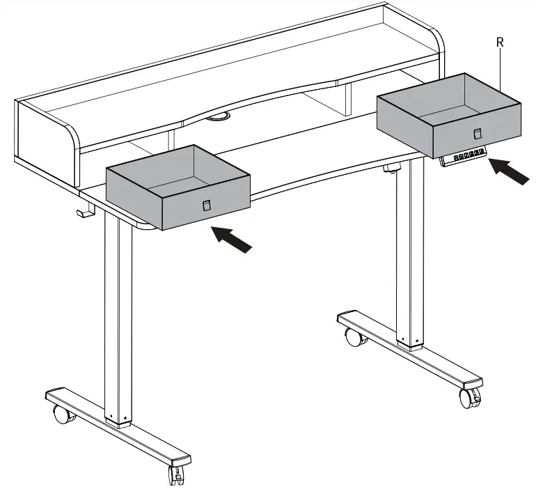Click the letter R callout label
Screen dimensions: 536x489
500,42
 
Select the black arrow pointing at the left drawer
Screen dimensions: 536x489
231,240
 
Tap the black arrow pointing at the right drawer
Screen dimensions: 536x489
509,171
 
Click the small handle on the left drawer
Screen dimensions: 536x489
207,205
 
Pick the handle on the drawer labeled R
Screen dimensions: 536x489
478,133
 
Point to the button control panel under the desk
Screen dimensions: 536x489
463,157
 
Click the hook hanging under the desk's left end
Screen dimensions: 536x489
86,210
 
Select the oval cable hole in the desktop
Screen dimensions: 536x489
218,116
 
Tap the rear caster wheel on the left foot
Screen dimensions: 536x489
63,414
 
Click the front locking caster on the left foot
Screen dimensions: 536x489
177,474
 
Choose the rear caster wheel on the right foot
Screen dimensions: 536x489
355,337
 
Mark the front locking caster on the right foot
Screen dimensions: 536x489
470,398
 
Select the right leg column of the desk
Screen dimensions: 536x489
409,253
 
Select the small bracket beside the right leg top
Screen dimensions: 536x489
391,168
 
